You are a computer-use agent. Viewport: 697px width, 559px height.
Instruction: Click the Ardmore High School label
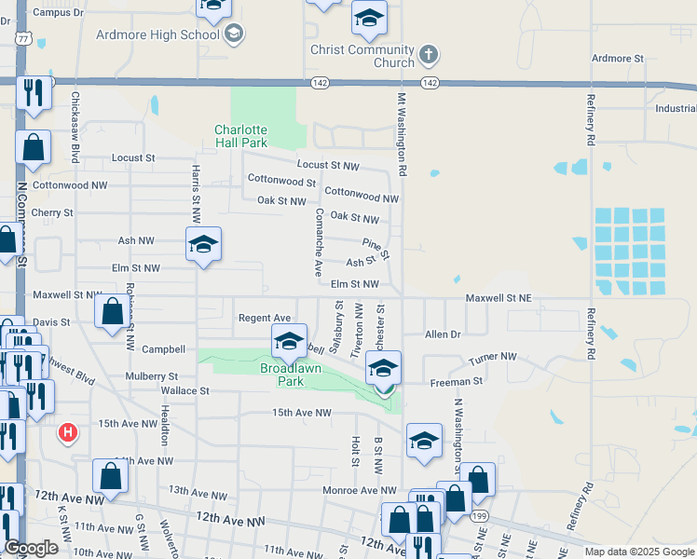pyautogui.click(x=157, y=34)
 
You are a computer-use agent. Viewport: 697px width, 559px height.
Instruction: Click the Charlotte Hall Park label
pyautogui.click(x=241, y=136)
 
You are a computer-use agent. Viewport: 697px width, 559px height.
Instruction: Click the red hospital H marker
pyautogui.click(x=67, y=432)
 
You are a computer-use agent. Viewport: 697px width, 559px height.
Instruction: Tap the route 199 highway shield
pyautogui.click(x=479, y=514)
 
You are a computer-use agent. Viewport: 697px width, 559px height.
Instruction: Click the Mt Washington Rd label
pyautogui.click(x=403, y=134)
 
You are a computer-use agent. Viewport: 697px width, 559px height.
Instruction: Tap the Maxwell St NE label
pyautogui.click(x=499, y=298)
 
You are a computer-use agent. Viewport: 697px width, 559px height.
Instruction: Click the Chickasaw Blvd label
pyautogui.click(x=75, y=122)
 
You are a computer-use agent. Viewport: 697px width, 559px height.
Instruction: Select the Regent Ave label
pyautogui.click(x=265, y=318)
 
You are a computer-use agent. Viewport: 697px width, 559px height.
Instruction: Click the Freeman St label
pyautogui.click(x=456, y=381)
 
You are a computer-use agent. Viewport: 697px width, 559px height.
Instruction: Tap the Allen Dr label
pyautogui.click(x=443, y=334)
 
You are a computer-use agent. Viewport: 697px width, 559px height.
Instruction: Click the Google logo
pyautogui.click(x=31, y=548)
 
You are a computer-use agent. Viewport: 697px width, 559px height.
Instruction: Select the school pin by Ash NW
pyautogui.click(x=203, y=245)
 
